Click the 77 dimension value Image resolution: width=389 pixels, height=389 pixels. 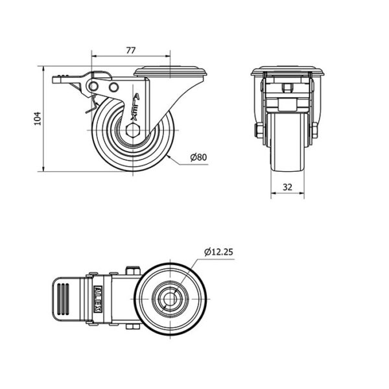point(131,51)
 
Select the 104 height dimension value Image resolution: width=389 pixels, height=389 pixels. point(38,119)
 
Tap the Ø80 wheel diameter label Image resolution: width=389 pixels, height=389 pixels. point(198,157)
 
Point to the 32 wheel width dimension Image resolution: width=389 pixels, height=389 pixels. point(287,187)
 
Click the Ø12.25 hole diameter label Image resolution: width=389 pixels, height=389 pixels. point(219,252)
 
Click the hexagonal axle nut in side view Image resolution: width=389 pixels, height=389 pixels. point(133,130)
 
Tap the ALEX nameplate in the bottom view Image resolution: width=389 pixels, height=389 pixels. point(98,299)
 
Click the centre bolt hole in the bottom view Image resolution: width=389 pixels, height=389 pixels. point(170,299)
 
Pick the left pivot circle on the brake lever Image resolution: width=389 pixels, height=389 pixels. point(93,87)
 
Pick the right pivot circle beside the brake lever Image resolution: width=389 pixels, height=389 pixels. point(113,87)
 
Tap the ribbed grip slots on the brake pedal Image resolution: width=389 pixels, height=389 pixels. point(63,299)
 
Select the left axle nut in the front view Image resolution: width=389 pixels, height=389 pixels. point(258,130)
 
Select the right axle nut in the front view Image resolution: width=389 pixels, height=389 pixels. point(314,130)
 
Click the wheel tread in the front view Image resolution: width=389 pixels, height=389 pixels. point(287,142)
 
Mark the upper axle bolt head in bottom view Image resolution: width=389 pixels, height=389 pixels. point(133,270)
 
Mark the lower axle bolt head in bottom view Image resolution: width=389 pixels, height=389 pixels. point(133,327)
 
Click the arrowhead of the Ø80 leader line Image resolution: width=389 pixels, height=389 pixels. point(169,156)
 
